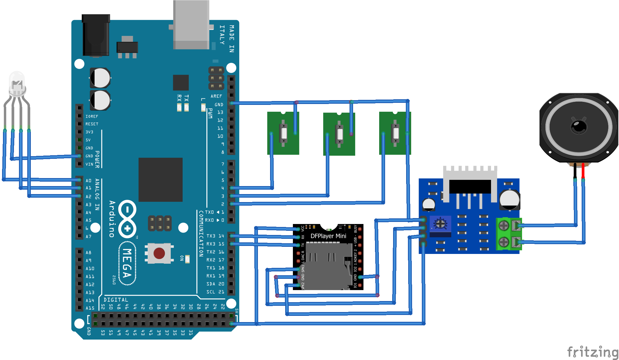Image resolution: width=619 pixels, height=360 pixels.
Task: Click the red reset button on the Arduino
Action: coord(159,253)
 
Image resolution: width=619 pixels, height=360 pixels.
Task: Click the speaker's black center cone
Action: coord(578,127)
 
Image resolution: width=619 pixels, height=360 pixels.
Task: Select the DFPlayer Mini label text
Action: coord(328,236)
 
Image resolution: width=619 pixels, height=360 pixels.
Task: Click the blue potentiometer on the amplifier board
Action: coord(440,224)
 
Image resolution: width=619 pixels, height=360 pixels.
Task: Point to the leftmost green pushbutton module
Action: coord(283,133)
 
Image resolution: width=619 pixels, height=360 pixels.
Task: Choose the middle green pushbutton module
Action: coord(339,134)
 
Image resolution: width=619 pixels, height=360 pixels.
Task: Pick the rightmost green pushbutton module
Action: coord(395,133)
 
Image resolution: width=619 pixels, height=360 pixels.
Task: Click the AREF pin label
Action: coord(216,96)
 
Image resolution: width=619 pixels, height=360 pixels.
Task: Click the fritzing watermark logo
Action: coord(592,352)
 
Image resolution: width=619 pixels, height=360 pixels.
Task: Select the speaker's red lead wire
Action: coord(583,170)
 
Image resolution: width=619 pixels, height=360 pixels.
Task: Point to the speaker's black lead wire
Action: coord(575,170)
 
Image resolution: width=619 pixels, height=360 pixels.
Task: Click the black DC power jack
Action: coord(96,36)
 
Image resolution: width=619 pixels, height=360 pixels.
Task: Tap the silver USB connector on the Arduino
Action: coord(191,25)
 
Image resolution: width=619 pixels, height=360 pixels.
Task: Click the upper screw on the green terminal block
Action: coord(504,226)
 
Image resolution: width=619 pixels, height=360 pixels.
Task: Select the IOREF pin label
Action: coord(92,116)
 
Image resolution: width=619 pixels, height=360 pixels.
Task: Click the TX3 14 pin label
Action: coord(215,236)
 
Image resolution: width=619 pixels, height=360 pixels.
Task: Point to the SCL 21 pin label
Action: coord(215,292)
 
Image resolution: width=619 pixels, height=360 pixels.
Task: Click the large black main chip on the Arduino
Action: coord(160,180)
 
